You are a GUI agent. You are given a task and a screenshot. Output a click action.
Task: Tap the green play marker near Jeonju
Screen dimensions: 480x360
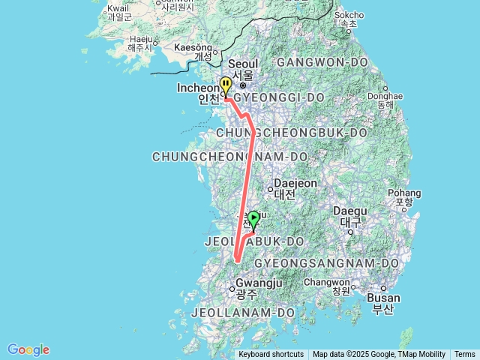coord(253,219)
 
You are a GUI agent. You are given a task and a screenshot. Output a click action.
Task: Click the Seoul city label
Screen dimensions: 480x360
coord(242,69)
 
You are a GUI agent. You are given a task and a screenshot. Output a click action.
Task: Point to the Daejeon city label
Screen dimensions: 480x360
coord(285,188)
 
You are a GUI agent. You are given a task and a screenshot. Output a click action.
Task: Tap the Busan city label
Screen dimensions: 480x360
coord(383,302)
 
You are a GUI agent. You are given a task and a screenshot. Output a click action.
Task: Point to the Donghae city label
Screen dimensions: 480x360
coord(385,101)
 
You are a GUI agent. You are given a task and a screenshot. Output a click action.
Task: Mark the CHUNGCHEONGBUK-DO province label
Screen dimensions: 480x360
coord(291,133)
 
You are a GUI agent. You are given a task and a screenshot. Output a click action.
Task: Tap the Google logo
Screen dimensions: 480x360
coord(28,349)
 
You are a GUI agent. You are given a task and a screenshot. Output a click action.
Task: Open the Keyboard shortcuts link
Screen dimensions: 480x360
coord(271,355)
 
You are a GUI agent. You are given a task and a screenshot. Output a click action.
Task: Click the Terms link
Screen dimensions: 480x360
coord(464,355)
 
